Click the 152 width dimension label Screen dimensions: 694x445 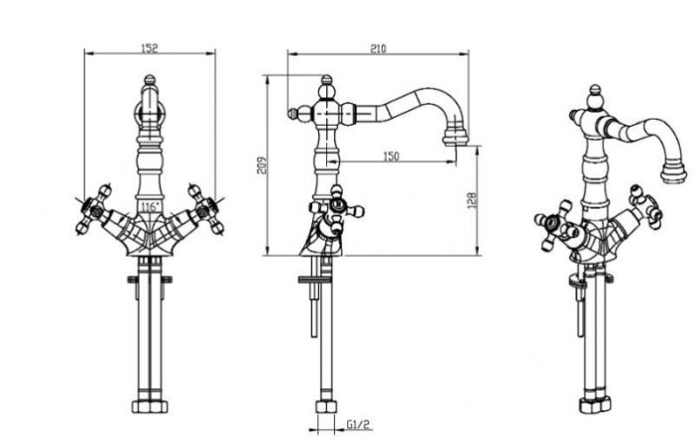coord(150,48)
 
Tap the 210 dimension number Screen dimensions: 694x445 coord(378,49)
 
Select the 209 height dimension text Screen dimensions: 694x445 coord(263,166)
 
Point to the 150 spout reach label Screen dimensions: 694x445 coord(391,157)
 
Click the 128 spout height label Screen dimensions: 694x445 coord(472,200)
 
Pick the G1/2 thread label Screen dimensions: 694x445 coord(358,425)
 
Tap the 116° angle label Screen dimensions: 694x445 coord(150,206)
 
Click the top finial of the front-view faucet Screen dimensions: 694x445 coord(150,80)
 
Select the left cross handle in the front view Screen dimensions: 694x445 coord(93,209)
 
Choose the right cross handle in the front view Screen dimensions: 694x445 coord(206,209)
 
